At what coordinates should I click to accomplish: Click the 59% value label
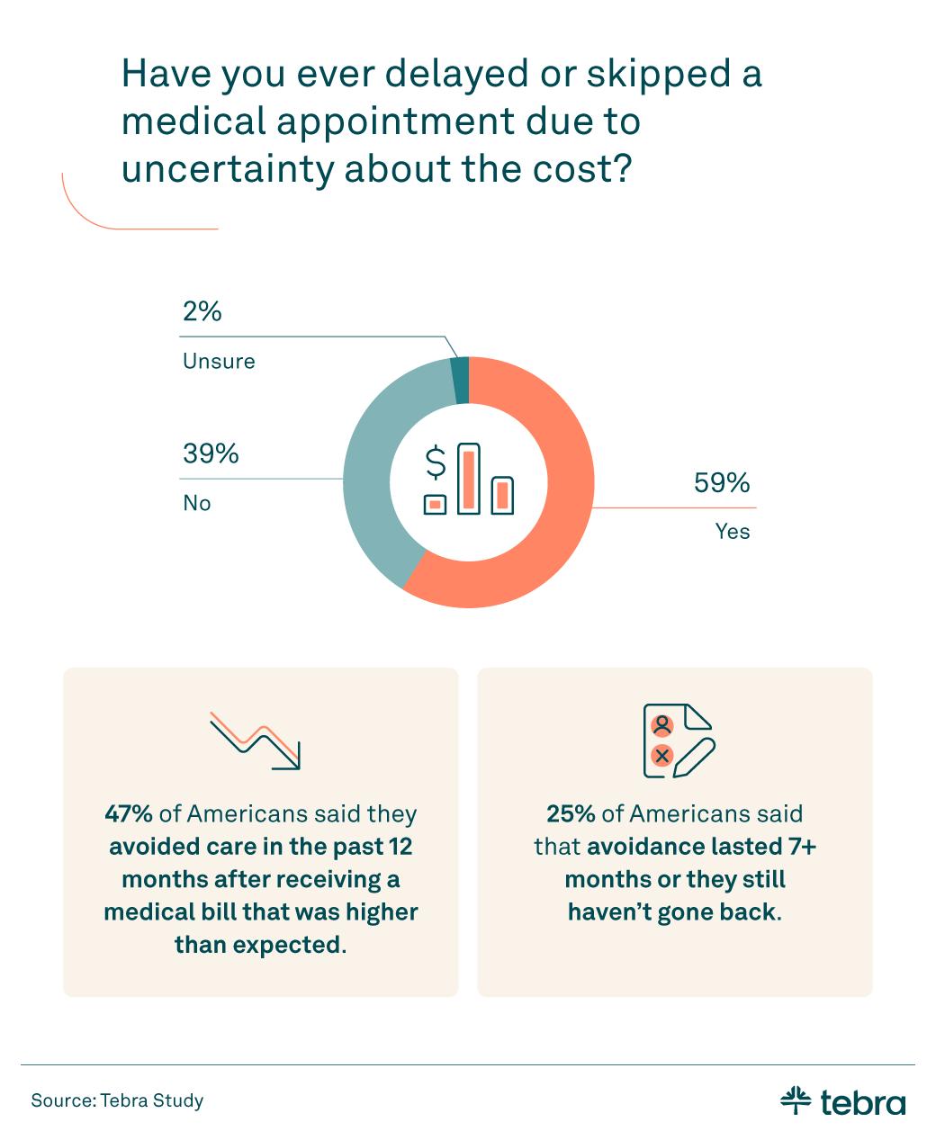tap(721, 483)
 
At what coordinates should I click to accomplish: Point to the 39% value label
tap(211, 453)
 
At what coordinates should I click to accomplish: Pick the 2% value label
tap(202, 311)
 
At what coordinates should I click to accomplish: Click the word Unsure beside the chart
tap(219, 362)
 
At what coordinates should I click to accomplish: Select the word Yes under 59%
tap(733, 532)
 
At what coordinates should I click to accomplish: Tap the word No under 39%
tap(197, 503)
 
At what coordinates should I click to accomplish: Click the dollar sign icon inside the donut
tap(436, 462)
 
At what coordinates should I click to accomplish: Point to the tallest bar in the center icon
tap(469, 479)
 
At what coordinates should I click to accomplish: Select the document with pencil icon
tap(678, 741)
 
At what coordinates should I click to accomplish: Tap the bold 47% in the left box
tap(129, 814)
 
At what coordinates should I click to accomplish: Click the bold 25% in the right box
tap(571, 814)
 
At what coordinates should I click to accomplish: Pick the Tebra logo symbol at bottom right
tap(795, 1100)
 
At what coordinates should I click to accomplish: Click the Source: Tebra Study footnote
tap(117, 1100)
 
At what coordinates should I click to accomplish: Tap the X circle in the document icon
tap(662, 756)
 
